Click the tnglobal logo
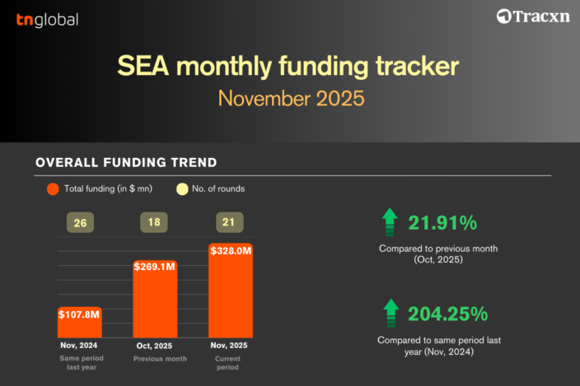point(47,19)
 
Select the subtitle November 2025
point(290,99)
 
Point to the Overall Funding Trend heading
point(126,163)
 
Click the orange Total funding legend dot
point(53,188)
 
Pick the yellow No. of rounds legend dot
point(183,188)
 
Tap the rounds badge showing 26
point(80,222)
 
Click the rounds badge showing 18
point(155,222)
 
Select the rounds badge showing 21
point(230,222)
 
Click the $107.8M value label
point(80,314)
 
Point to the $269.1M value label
point(155,267)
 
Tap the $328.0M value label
point(230,251)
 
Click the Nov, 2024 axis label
point(80,345)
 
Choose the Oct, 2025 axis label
point(155,345)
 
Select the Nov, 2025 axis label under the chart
point(230,345)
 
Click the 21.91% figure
point(442,222)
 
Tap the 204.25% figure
point(448,314)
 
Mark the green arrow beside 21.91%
point(389,222)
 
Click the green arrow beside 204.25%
point(389,314)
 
